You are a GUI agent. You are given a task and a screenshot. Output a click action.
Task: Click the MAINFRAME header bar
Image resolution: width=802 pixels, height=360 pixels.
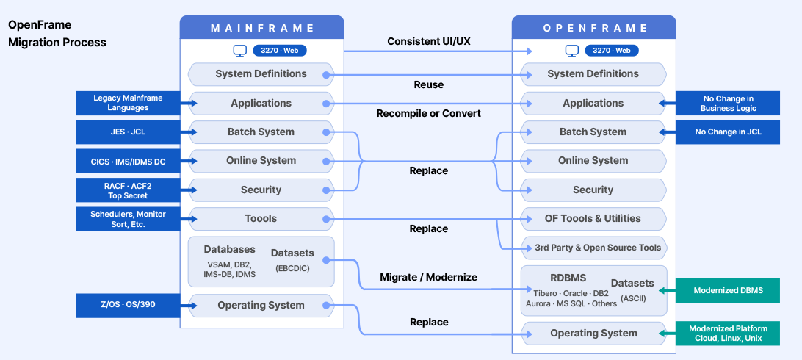(262, 28)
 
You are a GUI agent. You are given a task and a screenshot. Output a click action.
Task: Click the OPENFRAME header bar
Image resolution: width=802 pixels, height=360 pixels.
(594, 28)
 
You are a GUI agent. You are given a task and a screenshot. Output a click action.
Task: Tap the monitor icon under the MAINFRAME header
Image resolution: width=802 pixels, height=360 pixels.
(239, 51)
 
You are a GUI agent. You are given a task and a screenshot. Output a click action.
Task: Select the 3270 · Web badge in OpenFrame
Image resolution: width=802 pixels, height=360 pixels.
(612, 51)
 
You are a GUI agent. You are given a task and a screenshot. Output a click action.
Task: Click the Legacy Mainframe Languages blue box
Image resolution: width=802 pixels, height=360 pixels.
(128, 103)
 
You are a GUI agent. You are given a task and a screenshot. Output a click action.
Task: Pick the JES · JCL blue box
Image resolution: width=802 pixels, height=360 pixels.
(128, 132)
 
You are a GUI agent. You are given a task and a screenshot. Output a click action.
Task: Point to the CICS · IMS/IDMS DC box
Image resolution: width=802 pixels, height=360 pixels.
(128, 161)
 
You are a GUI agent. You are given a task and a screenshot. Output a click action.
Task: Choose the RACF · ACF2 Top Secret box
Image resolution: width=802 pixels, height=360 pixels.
(128, 190)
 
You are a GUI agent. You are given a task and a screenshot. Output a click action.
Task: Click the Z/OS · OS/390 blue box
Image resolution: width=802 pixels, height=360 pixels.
(128, 306)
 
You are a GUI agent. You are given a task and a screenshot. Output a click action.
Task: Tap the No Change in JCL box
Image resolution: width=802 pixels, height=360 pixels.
(728, 132)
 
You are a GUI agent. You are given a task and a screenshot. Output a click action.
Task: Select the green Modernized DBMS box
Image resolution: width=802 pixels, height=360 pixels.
(728, 290)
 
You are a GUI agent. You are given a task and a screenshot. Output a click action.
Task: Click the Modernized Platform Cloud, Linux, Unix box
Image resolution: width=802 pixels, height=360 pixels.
(728, 334)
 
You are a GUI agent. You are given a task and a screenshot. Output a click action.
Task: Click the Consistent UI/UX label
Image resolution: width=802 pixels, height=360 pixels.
(429, 41)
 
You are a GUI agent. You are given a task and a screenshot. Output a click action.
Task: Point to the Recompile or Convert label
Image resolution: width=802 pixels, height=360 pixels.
(429, 113)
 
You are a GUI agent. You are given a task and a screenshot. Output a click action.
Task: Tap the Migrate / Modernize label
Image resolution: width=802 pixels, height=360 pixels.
(429, 277)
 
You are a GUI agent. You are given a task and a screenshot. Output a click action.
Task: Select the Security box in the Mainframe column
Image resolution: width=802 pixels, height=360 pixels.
(261, 190)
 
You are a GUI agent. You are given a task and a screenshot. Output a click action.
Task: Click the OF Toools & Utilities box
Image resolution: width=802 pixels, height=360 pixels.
(593, 218)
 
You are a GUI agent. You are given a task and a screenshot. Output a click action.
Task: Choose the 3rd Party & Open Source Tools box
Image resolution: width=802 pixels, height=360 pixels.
(593, 248)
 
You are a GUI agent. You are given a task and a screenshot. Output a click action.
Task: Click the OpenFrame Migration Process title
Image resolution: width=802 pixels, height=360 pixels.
(57, 34)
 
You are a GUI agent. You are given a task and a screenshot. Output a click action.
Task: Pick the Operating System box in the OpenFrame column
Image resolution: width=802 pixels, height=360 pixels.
(593, 334)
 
